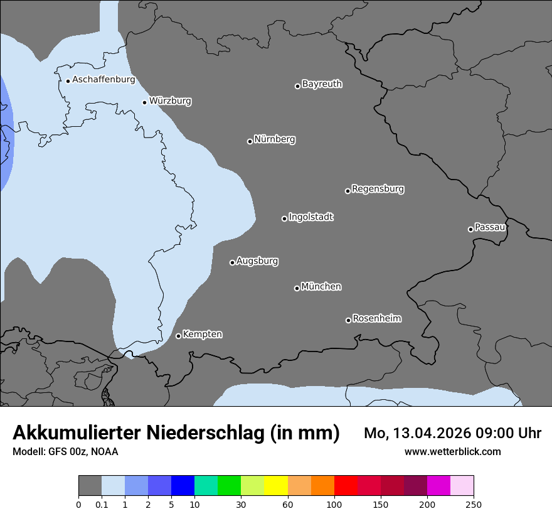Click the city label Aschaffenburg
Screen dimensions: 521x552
point(103,80)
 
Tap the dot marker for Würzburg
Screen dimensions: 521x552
point(144,102)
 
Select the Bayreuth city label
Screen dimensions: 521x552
point(322,84)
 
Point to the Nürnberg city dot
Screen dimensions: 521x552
point(250,141)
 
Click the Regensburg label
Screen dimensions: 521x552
point(378,189)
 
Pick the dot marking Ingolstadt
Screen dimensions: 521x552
point(284,218)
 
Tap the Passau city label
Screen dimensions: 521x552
point(490,227)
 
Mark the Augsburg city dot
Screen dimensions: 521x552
point(232,262)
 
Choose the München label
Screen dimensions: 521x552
point(321,287)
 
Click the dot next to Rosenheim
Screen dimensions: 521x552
point(348,321)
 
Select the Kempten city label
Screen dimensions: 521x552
point(202,335)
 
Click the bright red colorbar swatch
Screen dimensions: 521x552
point(346,486)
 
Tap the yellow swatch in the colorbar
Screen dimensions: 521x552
point(276,486)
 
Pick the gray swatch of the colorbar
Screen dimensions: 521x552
point(90,486)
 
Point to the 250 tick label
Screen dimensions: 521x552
point(474,505)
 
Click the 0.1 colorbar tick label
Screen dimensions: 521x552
point(102,505)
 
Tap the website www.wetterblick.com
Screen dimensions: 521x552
point(452,452)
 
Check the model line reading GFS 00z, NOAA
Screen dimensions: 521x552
point(65,452)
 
